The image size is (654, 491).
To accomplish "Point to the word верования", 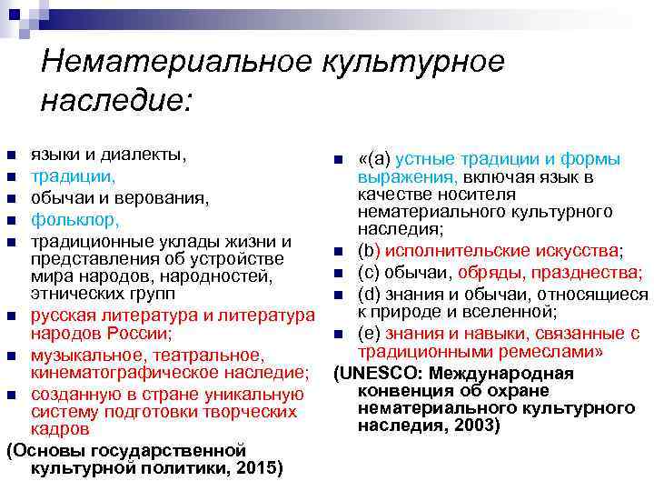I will coord(166,197).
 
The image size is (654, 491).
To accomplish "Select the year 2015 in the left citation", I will coord(258,467).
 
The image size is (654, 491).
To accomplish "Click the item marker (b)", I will coord(369,250).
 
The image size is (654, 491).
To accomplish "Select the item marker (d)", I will coord(370,294).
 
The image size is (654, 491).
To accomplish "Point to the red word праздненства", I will coord(590,273).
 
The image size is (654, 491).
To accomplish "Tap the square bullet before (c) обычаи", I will coord(337,274).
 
